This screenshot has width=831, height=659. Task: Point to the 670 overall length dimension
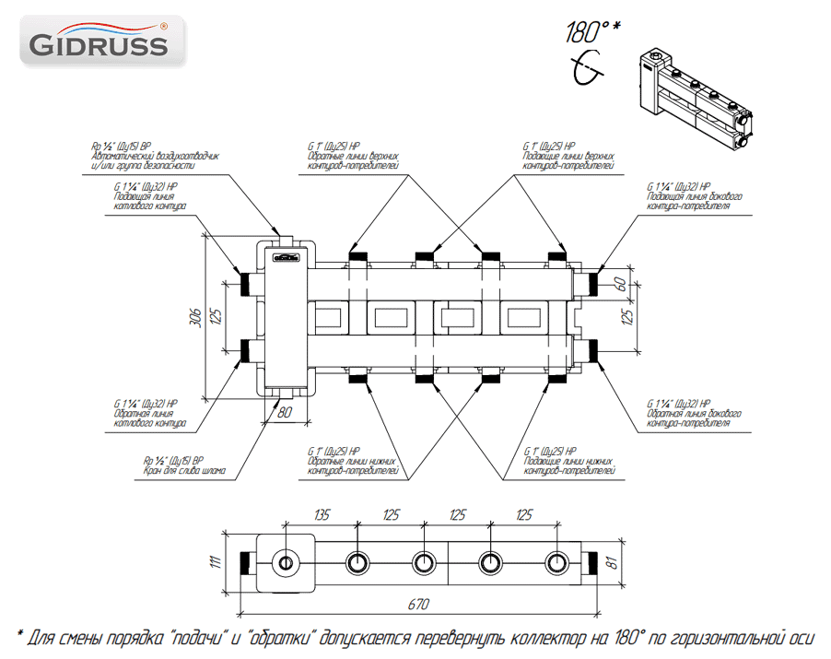(418, 605)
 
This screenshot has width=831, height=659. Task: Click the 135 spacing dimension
(322, 514)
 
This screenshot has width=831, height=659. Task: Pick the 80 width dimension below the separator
(285, 412)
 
